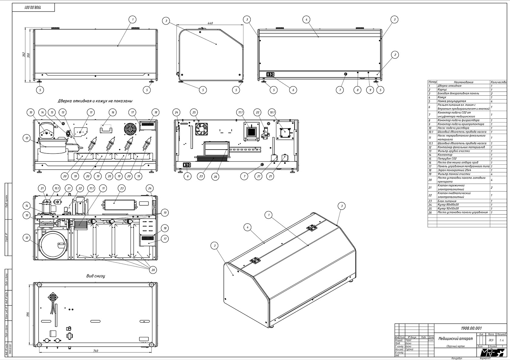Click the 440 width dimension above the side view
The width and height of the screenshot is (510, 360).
point(210,23)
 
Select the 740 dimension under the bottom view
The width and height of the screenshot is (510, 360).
point(95,351)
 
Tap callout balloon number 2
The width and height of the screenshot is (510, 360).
point(395,55)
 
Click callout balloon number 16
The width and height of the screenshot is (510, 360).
point(113,112)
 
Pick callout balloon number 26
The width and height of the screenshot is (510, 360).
point(215,177)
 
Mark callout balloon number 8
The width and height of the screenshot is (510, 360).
point(358,90)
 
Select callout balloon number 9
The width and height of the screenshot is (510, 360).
point(369,90)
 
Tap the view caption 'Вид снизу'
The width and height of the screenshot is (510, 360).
point(95,276)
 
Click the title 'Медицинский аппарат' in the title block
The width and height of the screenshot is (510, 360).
point(455,338)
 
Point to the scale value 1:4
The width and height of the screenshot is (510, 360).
point(501,340)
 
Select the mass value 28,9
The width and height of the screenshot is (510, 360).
point(491,340)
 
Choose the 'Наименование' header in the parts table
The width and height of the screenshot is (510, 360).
point(463,82)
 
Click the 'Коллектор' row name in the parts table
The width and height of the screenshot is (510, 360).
point(445,155)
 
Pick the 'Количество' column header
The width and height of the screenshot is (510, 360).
point(498,82)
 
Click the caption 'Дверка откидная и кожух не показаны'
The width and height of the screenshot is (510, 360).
point(95,101)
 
